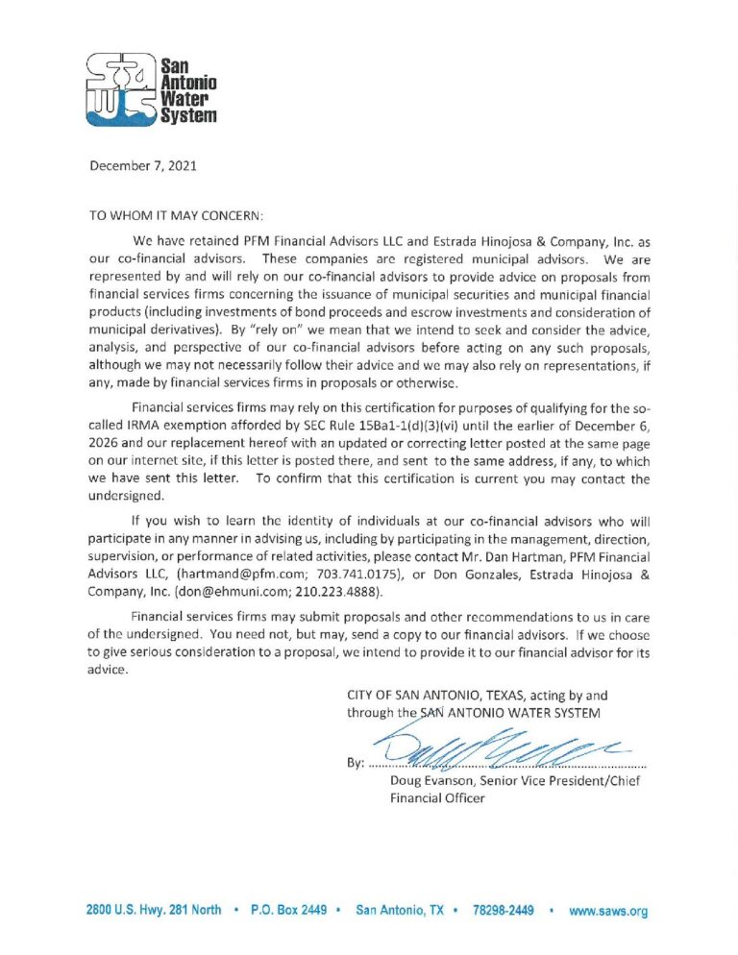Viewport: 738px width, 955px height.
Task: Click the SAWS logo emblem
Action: pos(120,89)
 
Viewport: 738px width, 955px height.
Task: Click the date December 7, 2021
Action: pos(143,165)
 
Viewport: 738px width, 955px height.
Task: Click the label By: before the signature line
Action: pos(355,764)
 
